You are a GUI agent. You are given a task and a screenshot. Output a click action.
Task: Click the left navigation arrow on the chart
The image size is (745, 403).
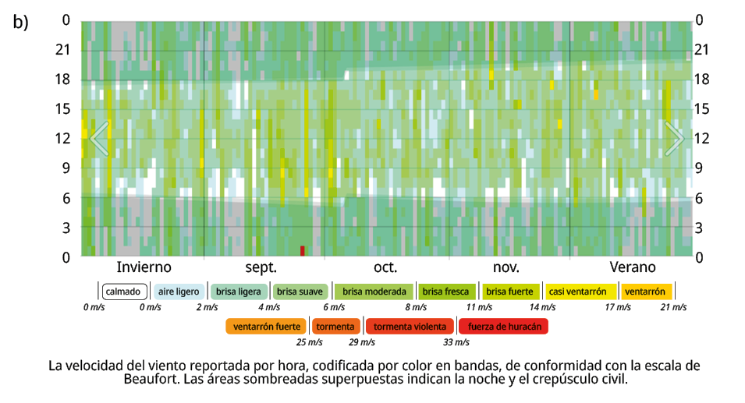point(99,138)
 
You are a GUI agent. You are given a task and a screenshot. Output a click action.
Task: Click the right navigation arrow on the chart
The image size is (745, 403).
point(674,138)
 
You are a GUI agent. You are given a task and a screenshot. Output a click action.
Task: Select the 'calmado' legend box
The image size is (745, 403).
point(123,292)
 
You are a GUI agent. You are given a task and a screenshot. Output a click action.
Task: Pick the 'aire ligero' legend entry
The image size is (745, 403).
point(179,292)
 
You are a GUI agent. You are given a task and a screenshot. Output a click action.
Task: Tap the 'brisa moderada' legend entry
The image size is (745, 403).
point(373,292)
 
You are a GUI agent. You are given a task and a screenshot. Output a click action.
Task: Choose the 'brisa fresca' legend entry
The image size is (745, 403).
point(445,292)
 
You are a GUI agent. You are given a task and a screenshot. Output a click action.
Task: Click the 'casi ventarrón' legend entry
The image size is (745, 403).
point(577,292)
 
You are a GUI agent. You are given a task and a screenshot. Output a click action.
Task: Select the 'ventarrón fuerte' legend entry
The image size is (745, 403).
point(267,326)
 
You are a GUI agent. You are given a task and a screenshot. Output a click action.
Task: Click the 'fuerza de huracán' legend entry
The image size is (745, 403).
point(504,326)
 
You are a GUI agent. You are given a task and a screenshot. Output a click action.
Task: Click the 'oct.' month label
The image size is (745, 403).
point(385,267)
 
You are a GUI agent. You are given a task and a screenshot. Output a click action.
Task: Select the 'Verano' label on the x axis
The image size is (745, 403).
point(632,267)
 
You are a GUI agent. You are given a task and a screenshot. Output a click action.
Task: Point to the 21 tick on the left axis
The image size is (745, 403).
point(63,50)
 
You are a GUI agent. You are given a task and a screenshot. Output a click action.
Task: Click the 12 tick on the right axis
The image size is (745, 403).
point(701,139)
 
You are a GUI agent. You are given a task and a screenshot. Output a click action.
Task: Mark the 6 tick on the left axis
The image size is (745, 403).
point(66,198)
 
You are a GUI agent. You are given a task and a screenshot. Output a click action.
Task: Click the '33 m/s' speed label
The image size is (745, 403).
point(456,341)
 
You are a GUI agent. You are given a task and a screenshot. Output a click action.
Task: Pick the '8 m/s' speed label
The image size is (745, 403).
point(416,307)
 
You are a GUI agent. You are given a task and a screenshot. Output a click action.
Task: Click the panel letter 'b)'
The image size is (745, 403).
point(20,22)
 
